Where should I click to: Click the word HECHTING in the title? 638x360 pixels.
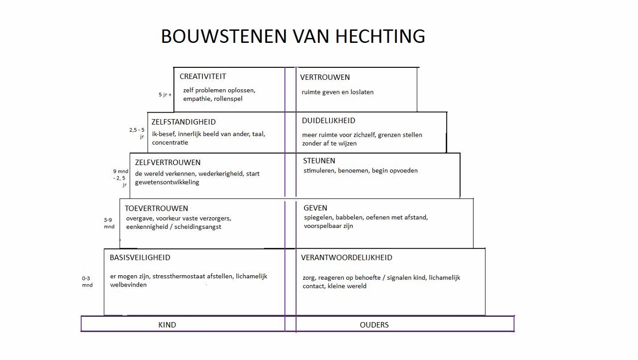pos(380,36)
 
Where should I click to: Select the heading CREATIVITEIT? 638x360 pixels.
pos(203,76)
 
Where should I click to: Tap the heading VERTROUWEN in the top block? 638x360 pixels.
pos(325,77)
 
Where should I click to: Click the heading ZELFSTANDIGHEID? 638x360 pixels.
pos(184,122)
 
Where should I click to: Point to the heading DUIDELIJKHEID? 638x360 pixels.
pos(328,121)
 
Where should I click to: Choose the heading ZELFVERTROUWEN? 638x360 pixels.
pos(168,163)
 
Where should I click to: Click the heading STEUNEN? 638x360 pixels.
pos(319,161)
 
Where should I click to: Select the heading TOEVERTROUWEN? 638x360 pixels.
pos(157,208)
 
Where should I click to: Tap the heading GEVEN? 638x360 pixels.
pos(316,208)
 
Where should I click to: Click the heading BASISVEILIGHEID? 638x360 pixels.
pos(140,257)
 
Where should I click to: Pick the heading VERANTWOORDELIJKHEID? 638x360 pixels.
pos(346,257)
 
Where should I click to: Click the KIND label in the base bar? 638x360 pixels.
pos(167,325)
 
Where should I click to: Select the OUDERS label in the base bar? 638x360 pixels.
pos(374,325)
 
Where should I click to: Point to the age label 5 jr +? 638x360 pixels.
pos(165,95)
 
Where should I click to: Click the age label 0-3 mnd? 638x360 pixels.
pos(87,282)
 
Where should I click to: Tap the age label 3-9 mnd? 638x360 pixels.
pos(109,223)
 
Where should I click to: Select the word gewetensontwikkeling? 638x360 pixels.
pos(167,182)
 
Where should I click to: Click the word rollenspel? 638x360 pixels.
pos(228,99)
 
